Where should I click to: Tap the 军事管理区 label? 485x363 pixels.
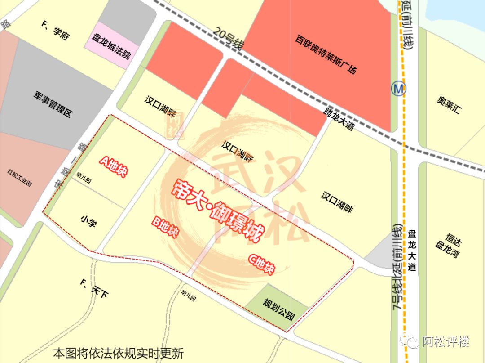pyautogui.click(x=53, y=104)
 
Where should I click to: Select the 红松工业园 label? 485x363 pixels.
pyautogui.click(x=20, y=178)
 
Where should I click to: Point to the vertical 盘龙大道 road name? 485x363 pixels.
pyautogui.click(x=412, y=250)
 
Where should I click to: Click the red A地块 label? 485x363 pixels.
pyautogui.click(x=114, y=166)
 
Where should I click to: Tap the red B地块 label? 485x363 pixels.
pyautogui.click(x=165, y=228)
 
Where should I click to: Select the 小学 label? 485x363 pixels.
pyautogui.click(x=88, y=221)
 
